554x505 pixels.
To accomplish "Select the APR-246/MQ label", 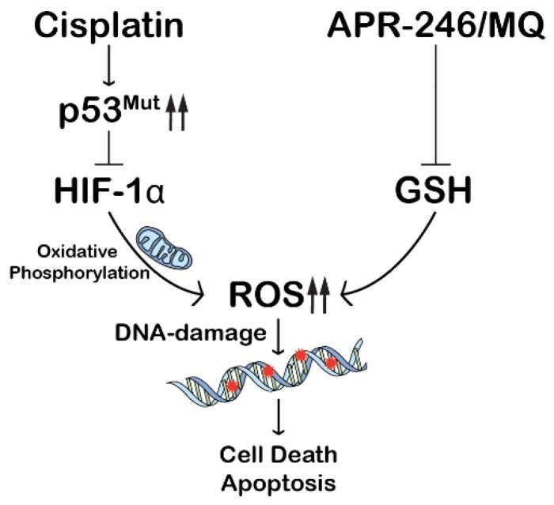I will coord(435,28).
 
